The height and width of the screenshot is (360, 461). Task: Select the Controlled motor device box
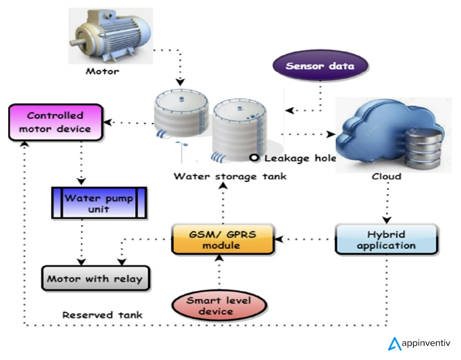(55, 122)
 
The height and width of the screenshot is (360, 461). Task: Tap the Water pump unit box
(98, 203)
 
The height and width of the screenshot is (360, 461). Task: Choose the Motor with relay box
(96, 279)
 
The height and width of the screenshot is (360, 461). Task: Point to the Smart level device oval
(219, 306)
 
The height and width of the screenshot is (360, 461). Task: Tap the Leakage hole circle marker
(253, 157)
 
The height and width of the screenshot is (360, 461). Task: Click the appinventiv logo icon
(395, 344)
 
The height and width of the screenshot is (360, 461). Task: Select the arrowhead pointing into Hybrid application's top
(387, 220)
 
